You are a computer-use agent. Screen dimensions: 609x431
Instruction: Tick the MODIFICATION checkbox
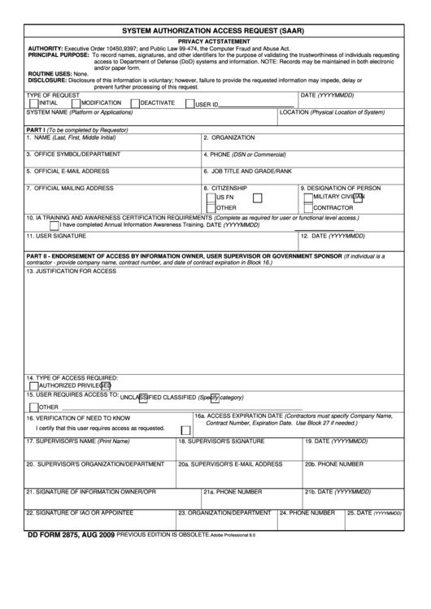coord(76,104)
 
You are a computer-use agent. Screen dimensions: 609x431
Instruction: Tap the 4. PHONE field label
coord(240,154)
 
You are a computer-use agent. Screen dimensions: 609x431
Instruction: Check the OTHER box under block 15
coord(33,407)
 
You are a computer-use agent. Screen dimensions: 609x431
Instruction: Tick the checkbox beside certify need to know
coord(185,428)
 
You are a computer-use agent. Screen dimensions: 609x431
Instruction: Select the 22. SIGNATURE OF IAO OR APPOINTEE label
coord(80,513)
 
